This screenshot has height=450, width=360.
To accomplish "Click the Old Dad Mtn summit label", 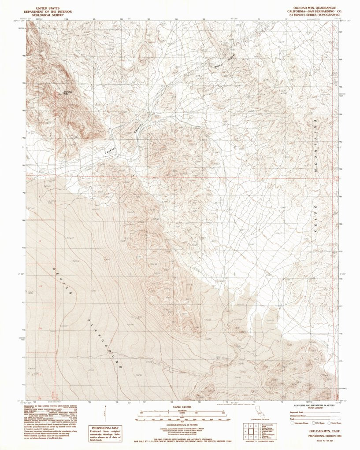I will tap(68, 92).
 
